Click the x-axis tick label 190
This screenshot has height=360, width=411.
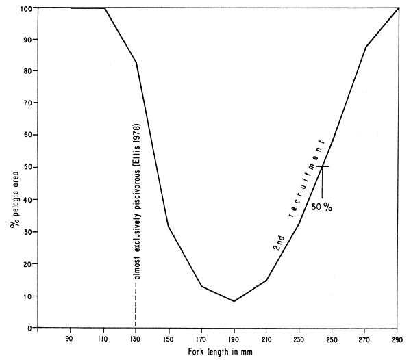pyautogui.click(x=234, y=337)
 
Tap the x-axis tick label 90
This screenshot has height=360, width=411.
pyautogui.click(x=70, y=337)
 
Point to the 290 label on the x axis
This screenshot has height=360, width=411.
pyautogui.click(x=397, y=337)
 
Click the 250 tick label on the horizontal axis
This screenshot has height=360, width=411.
pyautogui.click(x=332, y=337)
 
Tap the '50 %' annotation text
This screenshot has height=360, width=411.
pyautogui.click(x=320, y=207)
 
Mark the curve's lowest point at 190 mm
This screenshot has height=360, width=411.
pyautogui.click(x=234, y=301)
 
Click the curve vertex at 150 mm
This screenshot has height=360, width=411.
pyautogui.click(x=169, y=227)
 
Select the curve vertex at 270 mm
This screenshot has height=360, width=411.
pyautogui.click(x=366, y=47)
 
